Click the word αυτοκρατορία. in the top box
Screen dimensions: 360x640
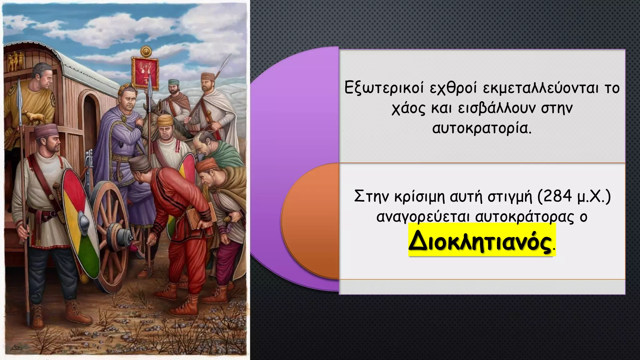[482, 128]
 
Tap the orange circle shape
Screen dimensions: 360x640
[309, 220]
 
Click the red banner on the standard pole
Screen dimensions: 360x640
[145, 72]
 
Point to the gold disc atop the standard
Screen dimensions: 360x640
[145, 51]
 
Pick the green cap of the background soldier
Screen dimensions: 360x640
[172, 82]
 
